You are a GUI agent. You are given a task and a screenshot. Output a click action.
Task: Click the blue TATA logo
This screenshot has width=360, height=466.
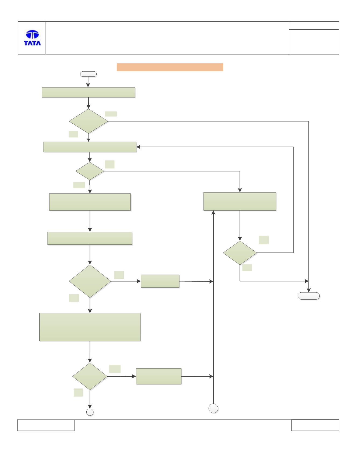(x=32, y=38)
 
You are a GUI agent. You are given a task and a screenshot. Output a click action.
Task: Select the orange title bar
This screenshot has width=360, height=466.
(x=170, y=67)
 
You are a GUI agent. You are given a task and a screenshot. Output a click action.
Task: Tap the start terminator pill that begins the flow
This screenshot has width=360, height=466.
(x=88, y=74)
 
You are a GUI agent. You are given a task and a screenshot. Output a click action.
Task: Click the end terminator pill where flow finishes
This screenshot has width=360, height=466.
(x=309, y=296)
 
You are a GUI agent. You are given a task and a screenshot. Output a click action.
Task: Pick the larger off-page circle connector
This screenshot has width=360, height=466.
(x=213, y=408)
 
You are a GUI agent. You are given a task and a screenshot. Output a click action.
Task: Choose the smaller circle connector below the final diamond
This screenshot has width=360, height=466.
(x=90, y=412)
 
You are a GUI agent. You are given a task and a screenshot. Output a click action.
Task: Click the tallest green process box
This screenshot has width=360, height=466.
(x=90, y=327)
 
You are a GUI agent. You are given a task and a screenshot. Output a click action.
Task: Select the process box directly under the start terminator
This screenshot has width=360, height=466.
(x=88, y=92)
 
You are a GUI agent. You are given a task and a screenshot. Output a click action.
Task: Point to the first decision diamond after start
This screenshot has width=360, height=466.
(x=89, y=121)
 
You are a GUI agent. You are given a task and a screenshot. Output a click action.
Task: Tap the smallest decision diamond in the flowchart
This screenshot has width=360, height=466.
(x=90, y=171)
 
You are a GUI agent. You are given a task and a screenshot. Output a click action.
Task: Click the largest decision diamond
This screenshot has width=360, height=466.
(x=90, y=281)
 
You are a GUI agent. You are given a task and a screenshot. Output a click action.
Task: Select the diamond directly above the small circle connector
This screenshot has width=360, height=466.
(x=90, y=376)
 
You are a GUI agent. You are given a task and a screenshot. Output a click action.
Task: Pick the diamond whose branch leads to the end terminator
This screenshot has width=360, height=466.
(x=240, y=253)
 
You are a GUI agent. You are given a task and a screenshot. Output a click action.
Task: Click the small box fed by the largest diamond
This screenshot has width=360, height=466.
(x=160, y=281)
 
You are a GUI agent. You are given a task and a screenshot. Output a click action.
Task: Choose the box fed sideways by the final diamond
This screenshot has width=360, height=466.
(x=159, y=376)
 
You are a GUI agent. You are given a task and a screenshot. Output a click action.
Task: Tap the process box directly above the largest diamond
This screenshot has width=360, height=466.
(x=90, y=238)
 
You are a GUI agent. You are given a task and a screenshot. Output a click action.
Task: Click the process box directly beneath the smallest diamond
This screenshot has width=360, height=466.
(x=90, y=202)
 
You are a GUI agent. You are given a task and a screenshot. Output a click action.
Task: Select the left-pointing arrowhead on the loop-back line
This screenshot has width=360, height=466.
(x=138, y=147)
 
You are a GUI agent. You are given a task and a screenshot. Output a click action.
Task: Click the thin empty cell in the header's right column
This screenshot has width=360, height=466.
(x=314, y=26)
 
